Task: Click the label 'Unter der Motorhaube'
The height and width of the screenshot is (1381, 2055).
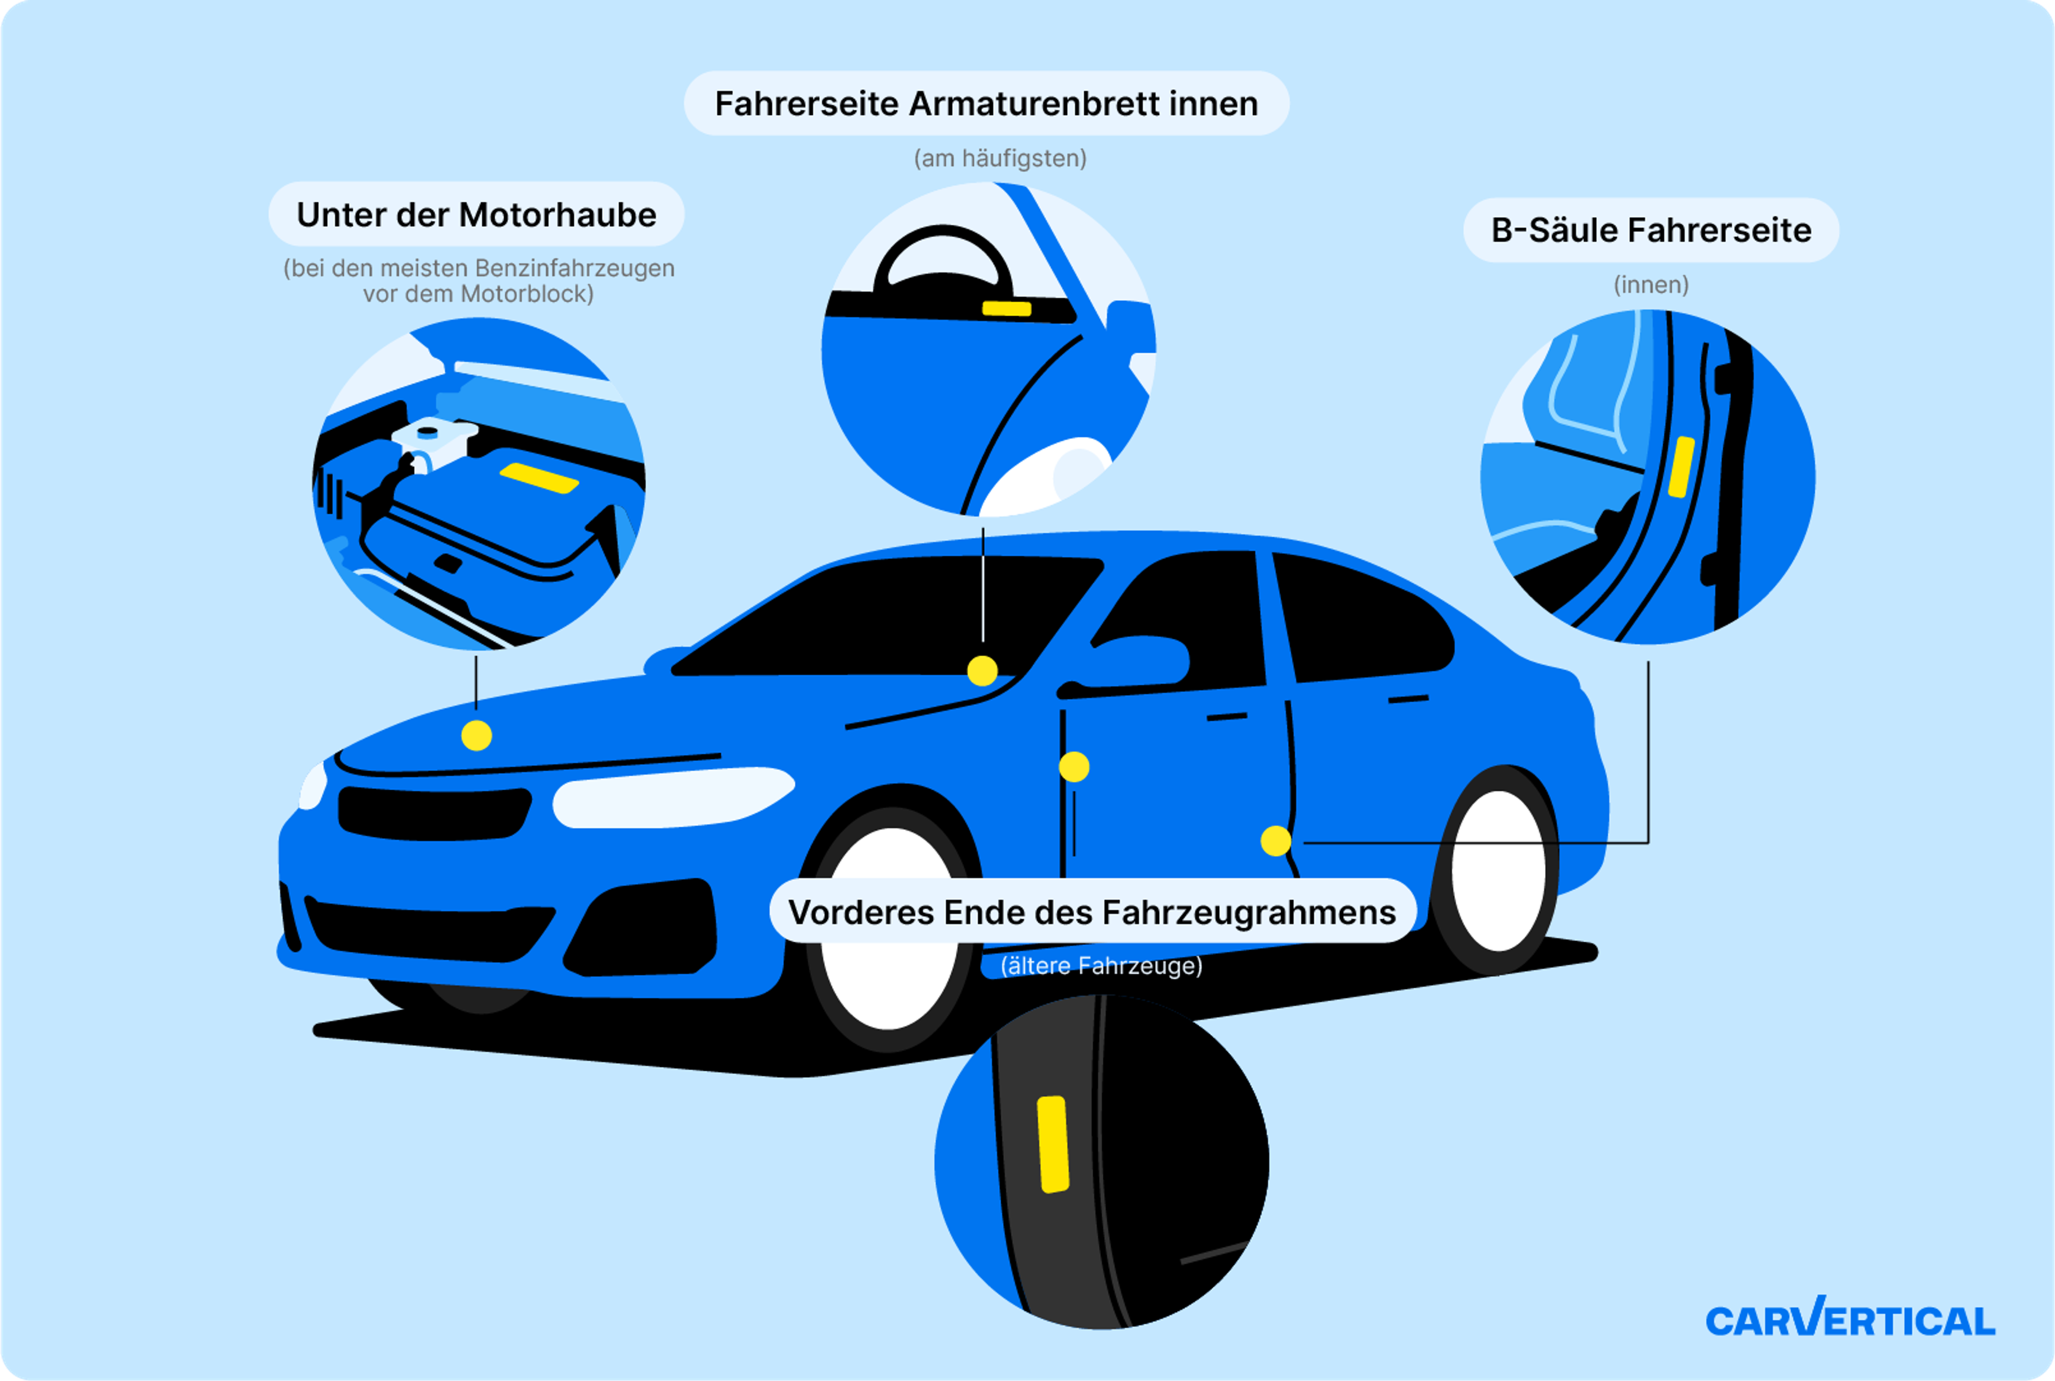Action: pos(476,215)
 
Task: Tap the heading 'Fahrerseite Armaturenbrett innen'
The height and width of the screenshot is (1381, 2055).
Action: pos(986,104)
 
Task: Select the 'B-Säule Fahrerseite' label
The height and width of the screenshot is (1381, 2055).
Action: pos(1651,231)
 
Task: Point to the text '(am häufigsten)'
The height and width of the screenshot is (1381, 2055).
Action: pos(1000,158)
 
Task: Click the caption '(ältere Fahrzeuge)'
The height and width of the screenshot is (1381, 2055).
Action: pos(1101,966)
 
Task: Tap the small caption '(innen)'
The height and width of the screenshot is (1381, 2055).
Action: pos(1651,285)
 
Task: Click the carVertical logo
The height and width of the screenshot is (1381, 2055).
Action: pos(1849,1320)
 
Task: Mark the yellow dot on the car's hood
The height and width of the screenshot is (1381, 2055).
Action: pos(476,735)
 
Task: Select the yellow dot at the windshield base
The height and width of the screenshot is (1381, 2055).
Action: pos(982,671)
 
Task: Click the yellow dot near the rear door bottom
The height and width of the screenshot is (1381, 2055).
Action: pos(1275,840)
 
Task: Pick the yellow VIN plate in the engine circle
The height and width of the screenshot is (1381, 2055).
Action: pos(539,477)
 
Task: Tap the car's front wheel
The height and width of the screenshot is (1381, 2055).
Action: pos(889,929)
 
